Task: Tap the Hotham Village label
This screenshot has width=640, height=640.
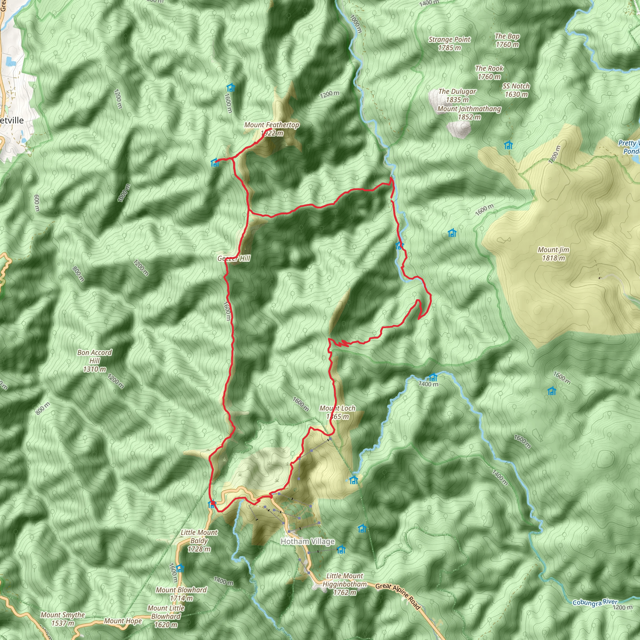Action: point(307,541)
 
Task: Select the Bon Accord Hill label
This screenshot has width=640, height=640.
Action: point(94,360)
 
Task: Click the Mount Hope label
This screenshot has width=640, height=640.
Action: point(123,621)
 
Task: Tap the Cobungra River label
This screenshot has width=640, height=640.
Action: point(595,602)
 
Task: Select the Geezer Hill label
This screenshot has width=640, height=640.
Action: point(234,258)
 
